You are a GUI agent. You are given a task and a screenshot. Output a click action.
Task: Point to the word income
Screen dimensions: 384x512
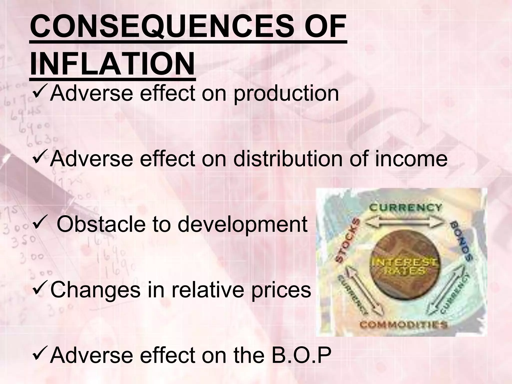point(411,159)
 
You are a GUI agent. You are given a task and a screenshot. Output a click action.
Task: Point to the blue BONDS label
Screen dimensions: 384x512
point(461,240)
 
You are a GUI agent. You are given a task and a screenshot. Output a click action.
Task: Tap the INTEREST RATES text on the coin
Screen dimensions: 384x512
point(405,266)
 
